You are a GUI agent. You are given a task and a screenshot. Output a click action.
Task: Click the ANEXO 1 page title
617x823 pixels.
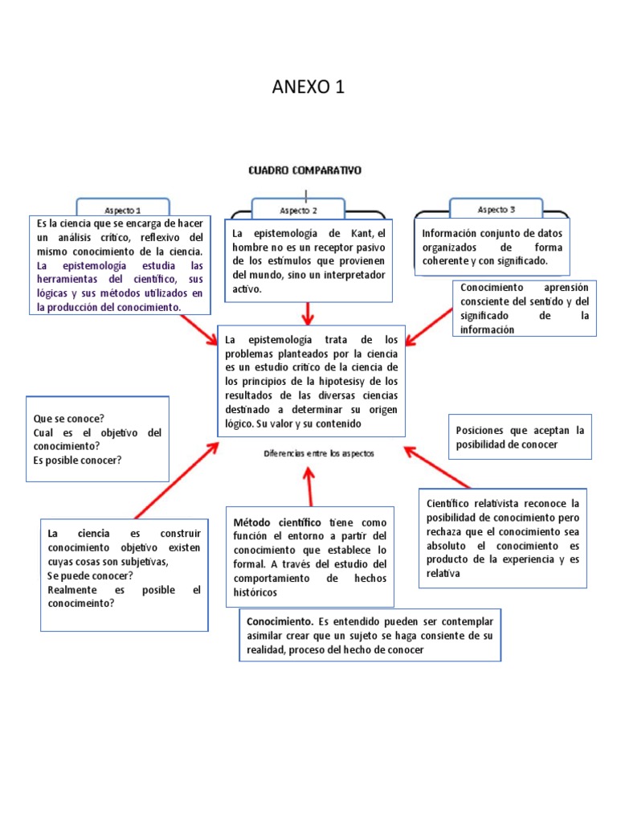point(308,87)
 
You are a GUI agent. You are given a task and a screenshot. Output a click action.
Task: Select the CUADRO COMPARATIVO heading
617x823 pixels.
point(304,170)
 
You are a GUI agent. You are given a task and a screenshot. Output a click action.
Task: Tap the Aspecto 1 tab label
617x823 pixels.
point(122,209)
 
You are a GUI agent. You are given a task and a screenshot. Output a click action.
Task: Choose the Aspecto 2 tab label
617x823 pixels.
point(298,210)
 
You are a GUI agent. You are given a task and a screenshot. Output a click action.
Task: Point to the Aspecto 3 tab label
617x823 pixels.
point(496,209)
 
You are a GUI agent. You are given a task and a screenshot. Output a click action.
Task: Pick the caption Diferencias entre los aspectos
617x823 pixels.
point(319,453)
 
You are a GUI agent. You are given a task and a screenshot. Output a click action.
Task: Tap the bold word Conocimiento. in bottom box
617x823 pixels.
point(280,621)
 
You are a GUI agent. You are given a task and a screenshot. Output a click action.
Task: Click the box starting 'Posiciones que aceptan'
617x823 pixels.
point(520,437)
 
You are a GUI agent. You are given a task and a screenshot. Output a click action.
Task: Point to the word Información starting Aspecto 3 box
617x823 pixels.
point(452,233)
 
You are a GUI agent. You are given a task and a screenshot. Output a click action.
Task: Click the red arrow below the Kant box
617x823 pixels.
point(308,313)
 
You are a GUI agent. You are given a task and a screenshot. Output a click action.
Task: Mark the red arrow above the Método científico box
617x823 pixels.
point(309,485)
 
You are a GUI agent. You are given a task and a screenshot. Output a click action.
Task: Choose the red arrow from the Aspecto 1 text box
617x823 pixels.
point(198,330)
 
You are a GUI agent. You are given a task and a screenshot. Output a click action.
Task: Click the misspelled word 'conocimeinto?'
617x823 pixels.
point(80,604)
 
